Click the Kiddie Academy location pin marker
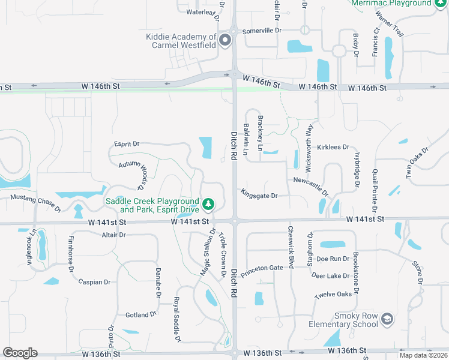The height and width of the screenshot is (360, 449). (225, 41)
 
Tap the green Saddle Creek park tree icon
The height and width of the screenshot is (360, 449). (208, 205)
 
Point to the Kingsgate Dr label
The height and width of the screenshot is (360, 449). (259, 196)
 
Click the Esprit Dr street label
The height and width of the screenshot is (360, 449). (127, 144)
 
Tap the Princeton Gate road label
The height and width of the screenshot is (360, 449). (262, 271)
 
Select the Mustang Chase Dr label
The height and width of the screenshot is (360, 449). (35, 202)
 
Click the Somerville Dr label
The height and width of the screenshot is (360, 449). (262, 31)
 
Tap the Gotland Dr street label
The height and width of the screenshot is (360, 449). (140, 314)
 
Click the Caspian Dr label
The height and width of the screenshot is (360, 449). (94, 282)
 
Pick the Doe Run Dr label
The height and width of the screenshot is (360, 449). (333, 259)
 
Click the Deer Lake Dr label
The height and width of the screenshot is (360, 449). (330, 275)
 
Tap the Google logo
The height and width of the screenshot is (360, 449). (20, 353)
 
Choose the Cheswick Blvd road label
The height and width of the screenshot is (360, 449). (291, 247)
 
